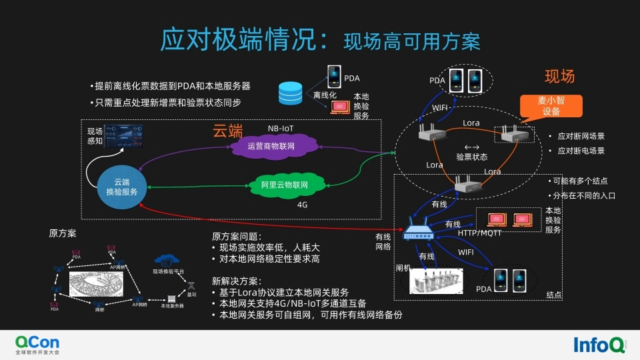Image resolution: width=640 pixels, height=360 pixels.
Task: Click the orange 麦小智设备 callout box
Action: [551, 106]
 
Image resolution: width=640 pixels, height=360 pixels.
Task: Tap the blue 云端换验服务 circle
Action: [121, 187]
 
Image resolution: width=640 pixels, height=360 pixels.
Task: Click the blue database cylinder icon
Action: [290, 93]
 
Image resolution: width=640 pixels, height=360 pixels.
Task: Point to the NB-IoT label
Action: [281, 128]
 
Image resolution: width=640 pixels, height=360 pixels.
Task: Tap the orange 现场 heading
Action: [559, 76]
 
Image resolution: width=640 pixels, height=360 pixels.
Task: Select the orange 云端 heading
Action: [227, 129]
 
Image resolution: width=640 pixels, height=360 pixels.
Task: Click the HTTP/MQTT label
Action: [479, 233]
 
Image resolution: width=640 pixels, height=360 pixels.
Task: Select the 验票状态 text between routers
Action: [471, 157]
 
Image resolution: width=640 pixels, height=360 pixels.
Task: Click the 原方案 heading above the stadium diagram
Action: [63, 233]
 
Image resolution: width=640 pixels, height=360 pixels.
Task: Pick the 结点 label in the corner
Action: [554, 295]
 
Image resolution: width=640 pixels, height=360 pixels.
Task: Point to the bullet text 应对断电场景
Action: [581, 151]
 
